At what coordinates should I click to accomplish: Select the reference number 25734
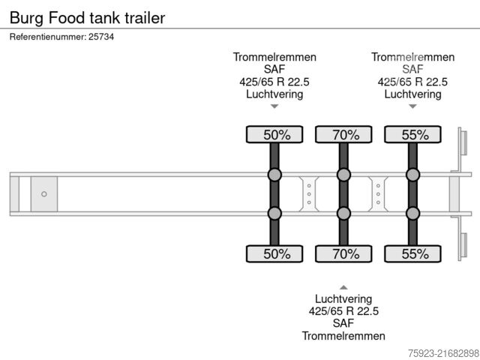coord(100,37)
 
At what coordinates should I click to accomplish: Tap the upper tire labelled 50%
coord(275,135)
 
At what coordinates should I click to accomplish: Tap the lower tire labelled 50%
coord(275,253)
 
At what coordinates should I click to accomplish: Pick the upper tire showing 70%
coord(343,135)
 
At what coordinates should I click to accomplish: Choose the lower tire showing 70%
coord(343,253)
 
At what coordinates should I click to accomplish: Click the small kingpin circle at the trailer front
coord(43,194)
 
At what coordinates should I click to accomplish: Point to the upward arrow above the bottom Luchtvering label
coord(343,287)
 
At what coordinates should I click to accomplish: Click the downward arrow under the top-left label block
coord(274,106)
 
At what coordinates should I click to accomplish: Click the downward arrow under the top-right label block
coord(412,106)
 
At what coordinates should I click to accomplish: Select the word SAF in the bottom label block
coord(343,323)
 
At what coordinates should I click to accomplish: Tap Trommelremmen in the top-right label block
coord(412,57)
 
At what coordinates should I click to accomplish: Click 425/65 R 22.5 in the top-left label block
coord(274,82)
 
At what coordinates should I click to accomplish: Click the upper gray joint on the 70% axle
coord(343,175)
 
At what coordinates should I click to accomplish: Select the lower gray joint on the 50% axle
coord(275,213)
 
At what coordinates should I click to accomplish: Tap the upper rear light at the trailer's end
coord(463,142)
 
